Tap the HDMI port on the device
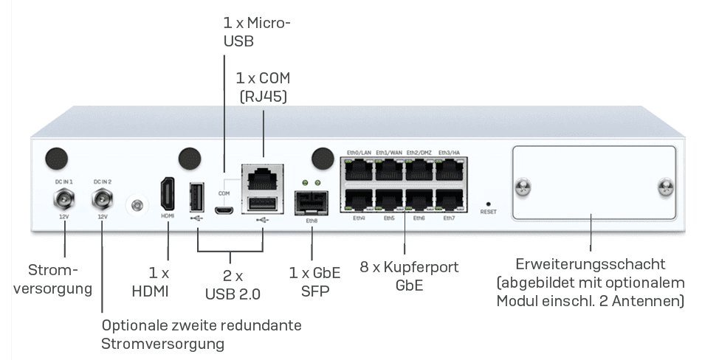(168, 194)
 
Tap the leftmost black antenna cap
(57, 156)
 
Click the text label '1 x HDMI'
(159, 282)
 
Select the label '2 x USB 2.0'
(233, 285)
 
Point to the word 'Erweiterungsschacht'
(591, 264)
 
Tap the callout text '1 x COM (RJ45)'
(263, 86)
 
